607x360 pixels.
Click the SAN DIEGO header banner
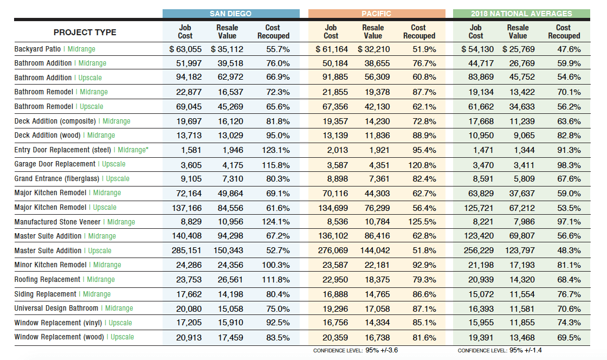pyautogui.click(x=230, y=14)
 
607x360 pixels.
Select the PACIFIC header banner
pyautogui.click(x=376, y=14)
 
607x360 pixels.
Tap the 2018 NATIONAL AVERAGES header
pyautogui.click(x=521, y=14)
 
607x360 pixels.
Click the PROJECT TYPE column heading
pyautogui.click(x=85, y=32)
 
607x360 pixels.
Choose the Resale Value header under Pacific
pyautogui.click(x=372, y=31)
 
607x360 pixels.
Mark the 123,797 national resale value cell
pyautogui.click(x=518, y=250)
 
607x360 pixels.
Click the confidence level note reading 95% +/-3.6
pyautogui.click(x=356, y=351)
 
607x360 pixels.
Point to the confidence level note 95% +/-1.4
pyautogui.click(x=500, y=351)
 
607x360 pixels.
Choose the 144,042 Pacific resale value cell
pyautogui.click(x=373, y=250)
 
